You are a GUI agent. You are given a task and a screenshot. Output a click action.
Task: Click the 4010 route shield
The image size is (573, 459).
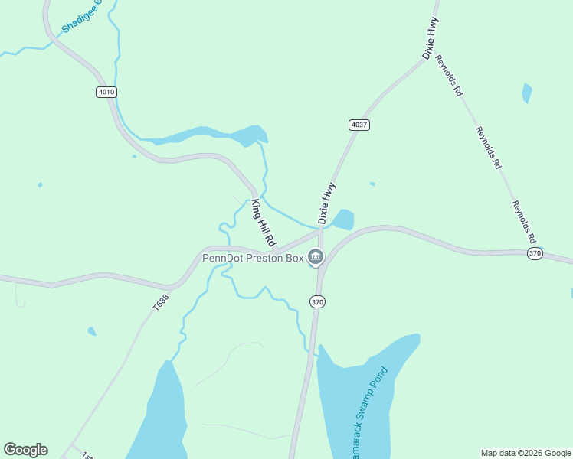click(x=106, y=92)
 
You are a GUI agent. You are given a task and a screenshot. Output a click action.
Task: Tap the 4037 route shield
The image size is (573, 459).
click(x=359, y=125)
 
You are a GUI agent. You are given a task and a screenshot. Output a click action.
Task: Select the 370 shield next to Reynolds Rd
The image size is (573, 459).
click(x=535, y=253)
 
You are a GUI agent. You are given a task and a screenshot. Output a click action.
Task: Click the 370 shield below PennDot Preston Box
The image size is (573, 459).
click(x=318, y=302)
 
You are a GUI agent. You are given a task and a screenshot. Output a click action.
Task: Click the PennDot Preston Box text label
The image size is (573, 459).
click(x=253, y=258)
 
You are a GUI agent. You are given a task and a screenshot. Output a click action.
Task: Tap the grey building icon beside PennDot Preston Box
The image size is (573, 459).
click(x=315, y=258)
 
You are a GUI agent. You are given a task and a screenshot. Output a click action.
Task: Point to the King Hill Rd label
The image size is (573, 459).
click(x=264, y=222)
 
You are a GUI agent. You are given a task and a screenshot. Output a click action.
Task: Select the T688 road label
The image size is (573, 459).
click(x=159, y=301)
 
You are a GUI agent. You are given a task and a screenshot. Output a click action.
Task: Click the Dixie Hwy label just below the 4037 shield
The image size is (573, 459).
click(x=327, y=203)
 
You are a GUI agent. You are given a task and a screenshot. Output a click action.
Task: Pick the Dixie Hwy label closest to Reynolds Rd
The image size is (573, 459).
click(x=431, y=38)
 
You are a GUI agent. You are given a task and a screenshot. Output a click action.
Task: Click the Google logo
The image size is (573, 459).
click(x=25, y=450)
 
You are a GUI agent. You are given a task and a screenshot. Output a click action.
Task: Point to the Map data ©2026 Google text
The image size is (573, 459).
click(x=526, y=453)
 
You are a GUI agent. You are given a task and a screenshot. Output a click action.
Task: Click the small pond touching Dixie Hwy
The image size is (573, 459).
click(x=342, y=220)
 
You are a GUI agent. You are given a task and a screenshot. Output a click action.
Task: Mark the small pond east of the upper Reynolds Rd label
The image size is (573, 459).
click(x=526, y=93)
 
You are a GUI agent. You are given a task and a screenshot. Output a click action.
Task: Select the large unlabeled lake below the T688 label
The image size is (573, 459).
click(x=163, y=413)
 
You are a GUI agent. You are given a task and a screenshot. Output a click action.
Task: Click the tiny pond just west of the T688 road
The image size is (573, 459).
click(x=92, y=331)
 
